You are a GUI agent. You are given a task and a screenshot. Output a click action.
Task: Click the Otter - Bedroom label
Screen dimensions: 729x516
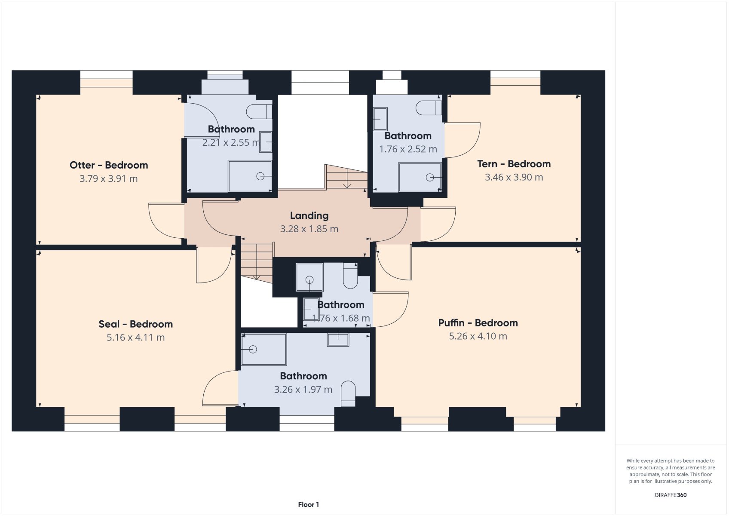click(x=109, y=165)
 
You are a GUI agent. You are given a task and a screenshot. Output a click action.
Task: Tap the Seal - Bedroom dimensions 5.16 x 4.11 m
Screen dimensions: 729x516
click(x=136, y=337)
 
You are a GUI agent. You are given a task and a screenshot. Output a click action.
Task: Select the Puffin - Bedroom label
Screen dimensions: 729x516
click(x=478, y=322)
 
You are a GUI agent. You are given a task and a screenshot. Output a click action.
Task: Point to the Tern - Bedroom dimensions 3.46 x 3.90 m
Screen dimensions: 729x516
click(x=514, y=177)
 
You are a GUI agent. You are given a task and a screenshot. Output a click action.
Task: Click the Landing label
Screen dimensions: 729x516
click(x=309, y=215)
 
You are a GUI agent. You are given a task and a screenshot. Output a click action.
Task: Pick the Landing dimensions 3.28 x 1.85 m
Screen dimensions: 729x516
click(x=309, y=229)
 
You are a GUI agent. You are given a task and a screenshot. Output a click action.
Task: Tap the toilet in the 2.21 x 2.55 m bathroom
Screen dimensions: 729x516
click(x=259, y=112)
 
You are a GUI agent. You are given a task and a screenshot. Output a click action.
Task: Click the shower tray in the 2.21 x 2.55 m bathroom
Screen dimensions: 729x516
click(x=250, y=176)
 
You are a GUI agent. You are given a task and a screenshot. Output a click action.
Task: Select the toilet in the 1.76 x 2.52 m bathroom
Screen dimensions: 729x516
click(x=429, y=108)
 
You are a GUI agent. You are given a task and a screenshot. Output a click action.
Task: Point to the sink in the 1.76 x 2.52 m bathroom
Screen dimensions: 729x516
click(x=380, y=119)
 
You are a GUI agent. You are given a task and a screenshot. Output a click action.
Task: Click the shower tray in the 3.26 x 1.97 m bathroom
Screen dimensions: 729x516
click(x=264, y=349)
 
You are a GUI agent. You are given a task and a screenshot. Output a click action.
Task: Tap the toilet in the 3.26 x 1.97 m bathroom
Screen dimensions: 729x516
click(x=348, y=393)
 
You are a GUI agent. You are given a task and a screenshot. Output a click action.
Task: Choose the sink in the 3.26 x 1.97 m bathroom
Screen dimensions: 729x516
click(x=338, y=340)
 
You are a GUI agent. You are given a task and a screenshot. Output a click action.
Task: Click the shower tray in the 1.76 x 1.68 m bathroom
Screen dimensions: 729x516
click(x=309, y=277)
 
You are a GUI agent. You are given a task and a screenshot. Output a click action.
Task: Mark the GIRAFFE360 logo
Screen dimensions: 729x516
click(x=671, y=495)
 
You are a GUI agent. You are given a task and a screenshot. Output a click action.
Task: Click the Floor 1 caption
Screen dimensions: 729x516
click(x=309, y=505)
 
